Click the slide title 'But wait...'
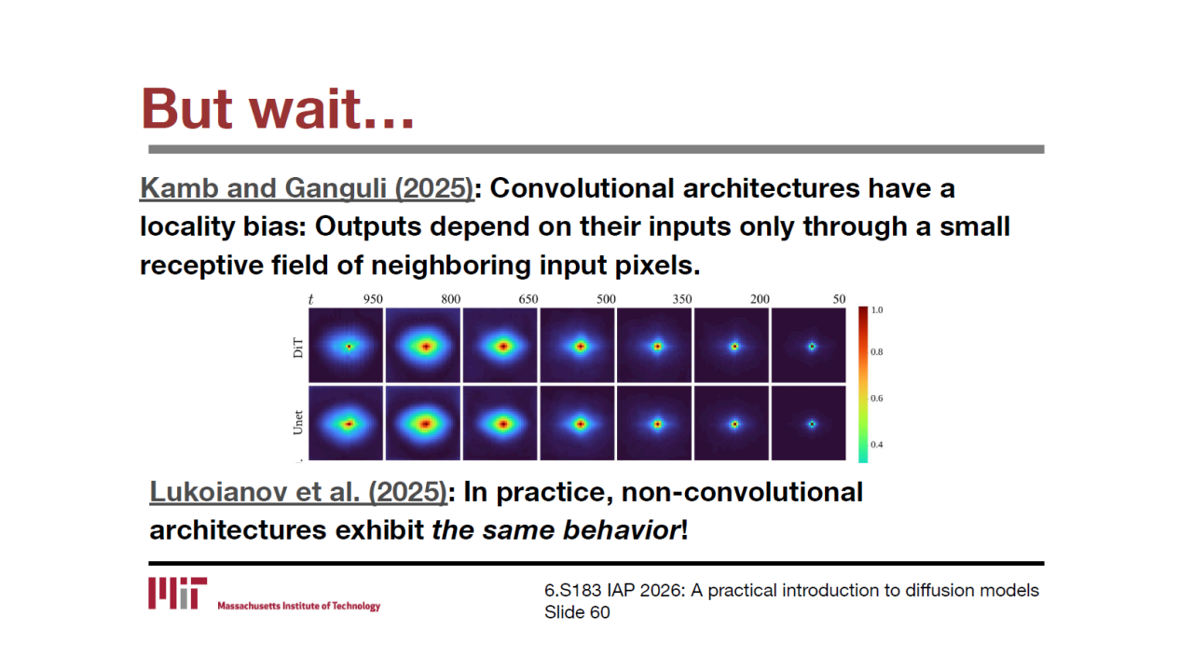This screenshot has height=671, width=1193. (278, 109)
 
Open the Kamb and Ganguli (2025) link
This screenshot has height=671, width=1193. (307, 188)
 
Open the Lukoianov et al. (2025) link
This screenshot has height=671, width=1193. (298, 491)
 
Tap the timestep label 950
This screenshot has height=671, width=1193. (373, 299)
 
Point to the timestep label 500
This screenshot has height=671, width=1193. (606, 299)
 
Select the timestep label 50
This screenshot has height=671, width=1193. (839, 299)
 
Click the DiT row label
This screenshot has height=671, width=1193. (298, 348)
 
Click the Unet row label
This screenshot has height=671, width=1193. (298, 422)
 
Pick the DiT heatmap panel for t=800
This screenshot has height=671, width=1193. (423, 345)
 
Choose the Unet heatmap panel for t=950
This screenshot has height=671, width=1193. (346, 423)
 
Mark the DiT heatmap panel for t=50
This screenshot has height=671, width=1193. (808, 345)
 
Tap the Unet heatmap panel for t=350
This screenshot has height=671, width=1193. (654, 423)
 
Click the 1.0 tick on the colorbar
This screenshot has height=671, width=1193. (877, 310)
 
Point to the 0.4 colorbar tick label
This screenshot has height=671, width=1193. (877, 445)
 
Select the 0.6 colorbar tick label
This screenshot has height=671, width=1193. (877, 398)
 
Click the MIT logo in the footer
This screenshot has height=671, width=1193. (178, 593)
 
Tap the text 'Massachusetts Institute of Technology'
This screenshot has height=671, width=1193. (299, 606)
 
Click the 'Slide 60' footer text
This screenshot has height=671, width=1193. (577, 612)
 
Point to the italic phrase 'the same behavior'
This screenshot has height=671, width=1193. (555, 530)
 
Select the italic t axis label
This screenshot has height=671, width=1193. (311, 299)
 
